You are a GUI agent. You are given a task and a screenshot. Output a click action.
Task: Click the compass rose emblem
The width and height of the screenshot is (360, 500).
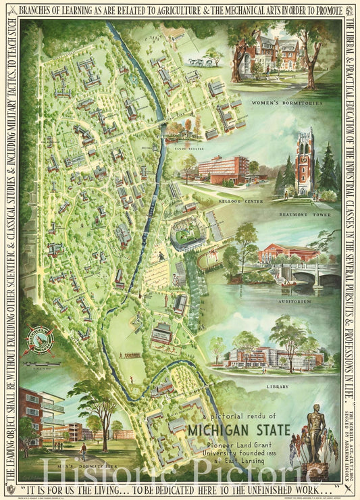41,341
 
